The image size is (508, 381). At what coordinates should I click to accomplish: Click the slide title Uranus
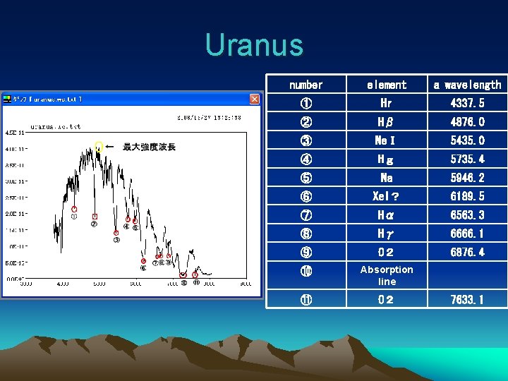click(254, 45)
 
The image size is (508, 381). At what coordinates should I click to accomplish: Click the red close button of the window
click(254, 99)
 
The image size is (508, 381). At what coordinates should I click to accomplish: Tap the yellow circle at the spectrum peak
click(99, 147)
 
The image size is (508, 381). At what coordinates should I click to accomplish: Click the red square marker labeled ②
click(95, 217)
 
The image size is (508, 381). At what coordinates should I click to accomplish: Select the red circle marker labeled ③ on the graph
click(116, 232)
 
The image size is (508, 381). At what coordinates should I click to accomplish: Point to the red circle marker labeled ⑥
click(143, 261)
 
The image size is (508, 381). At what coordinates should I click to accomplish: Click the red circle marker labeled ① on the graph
click(74, 209)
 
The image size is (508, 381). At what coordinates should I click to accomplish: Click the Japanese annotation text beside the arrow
click(150, 147)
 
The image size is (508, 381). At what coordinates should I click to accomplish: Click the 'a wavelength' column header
click(467, 85)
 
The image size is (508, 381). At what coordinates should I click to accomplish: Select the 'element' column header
click(387, 85)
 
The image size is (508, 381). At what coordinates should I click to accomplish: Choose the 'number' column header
click(306, 85)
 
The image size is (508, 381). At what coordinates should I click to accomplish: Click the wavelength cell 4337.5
click(467, 103)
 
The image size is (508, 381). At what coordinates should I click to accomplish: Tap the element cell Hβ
click(387, 122)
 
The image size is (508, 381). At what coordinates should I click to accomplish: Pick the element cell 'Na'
click(387, 178)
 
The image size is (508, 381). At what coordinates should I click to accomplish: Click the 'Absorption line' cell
click(387, 275)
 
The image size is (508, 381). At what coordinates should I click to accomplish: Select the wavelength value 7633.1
click(467, 300)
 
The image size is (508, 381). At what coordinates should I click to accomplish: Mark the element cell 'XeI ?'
click(387, 196)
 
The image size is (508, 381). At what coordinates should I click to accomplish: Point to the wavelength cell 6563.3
click(467, 214)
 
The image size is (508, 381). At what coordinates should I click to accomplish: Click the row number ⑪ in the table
click(306, 300)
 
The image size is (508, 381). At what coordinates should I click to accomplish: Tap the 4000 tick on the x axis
click(63, 284)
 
